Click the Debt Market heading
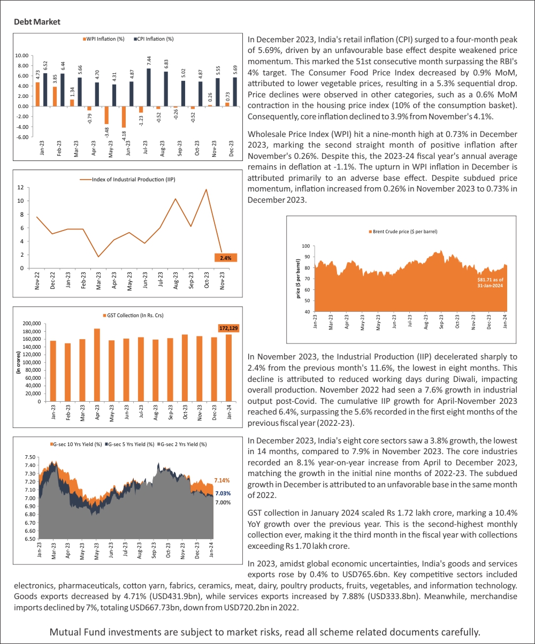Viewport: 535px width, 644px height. [37, 22]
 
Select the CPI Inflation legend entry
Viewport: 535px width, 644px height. [155, 39]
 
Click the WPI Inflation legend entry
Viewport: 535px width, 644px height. [105, 39]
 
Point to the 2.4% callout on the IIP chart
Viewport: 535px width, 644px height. [225, 258]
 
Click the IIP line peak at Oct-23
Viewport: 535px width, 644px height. [207, 189]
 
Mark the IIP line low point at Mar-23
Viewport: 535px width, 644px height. [98, 257]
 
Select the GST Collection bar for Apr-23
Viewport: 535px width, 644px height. [97, 365]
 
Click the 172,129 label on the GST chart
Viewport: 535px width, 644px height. [228, 327]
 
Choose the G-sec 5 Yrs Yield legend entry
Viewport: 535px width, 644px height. [131, 444]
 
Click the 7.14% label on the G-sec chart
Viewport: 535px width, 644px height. [222, 480]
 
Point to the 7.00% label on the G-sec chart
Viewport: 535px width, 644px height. [223, 503]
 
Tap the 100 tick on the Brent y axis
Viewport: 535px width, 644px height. [306, 246]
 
